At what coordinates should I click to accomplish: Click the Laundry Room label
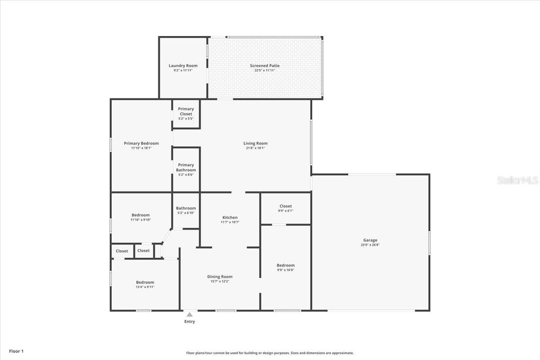[183, 66]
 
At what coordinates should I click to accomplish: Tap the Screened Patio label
[265, 66]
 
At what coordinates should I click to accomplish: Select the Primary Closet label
[186, 111]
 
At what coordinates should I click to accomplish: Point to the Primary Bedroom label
[141, 144]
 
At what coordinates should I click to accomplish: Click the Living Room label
[255, 144]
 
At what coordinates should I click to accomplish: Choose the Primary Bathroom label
[186, 167]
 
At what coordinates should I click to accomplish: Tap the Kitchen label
[229, 217]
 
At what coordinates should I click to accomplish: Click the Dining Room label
[220, 277]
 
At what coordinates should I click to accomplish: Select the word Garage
[370, 240]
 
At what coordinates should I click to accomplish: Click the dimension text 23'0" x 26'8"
[370, 245]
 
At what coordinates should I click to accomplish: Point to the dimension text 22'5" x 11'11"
[265, 71]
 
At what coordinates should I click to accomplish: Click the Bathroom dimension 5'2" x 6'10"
[186, 213]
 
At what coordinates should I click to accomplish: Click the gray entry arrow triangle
[190, 315]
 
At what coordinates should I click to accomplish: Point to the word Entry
[190, 322]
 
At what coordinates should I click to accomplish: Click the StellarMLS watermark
[517, 180]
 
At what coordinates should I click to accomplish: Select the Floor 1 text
[16, 351]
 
